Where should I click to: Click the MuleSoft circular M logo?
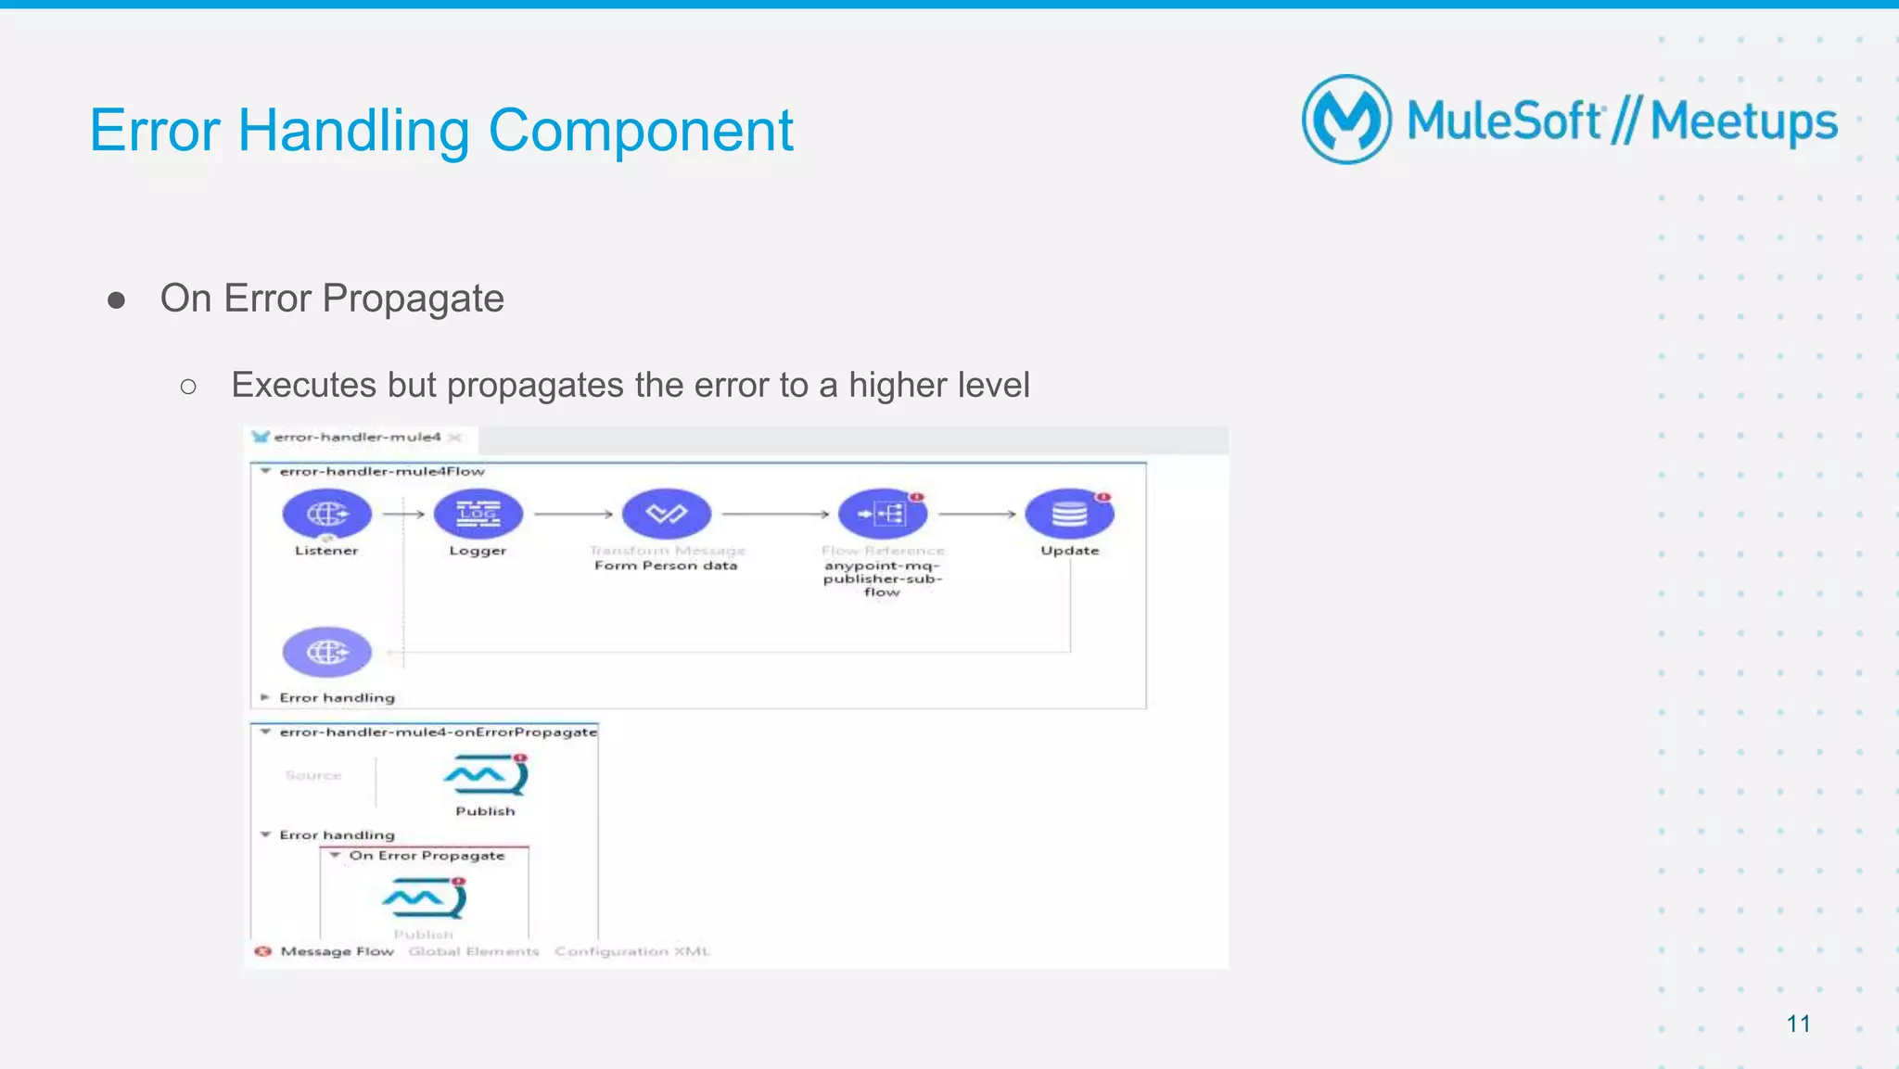1346,120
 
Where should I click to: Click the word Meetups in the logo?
1743,122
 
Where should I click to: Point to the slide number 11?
1798,1024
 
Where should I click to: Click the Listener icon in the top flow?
326,514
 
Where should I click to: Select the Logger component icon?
478,514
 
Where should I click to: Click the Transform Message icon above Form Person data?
666,514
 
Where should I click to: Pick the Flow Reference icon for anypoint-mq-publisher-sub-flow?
882,514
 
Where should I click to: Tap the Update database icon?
1069,514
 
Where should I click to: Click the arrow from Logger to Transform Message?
573,514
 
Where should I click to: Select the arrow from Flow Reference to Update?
977,514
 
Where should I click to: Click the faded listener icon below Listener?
326,653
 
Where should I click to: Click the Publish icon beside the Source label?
486,775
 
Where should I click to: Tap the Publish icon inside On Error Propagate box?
424,897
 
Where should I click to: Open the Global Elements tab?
474,951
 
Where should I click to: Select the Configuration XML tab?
631,951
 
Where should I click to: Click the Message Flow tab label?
337,951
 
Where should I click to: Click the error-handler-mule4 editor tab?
357,437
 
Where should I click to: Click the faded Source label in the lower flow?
313,775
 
